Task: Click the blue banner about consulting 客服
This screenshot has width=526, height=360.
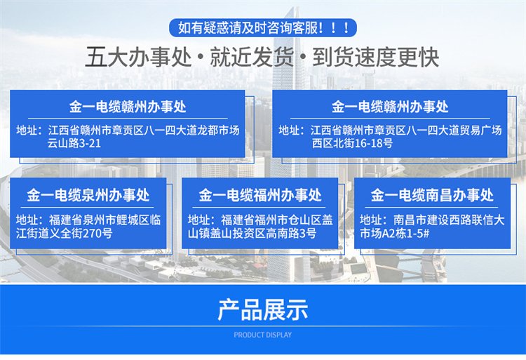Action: [x=263, y=27]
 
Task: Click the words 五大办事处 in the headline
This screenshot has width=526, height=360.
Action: [x=138, y=57]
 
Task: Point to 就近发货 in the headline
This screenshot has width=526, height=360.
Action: [x=252, y=57]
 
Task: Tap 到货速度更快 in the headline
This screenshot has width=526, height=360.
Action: [x=376, y=57]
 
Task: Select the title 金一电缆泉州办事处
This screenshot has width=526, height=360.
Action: [x=88, y=195]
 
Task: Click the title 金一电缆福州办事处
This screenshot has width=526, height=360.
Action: [x=260, y=195]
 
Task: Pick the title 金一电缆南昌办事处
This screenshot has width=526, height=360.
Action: [x=432, y=195]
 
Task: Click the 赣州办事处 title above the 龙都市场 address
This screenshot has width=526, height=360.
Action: [x=128, y=107]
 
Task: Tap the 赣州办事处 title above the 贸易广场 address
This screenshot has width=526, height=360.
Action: [x=390, y=107]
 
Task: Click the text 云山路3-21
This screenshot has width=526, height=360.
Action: [x=74, y=143]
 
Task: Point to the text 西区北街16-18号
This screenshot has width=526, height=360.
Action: [x=352, y=143]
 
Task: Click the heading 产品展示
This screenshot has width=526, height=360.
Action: [x=263, y=309]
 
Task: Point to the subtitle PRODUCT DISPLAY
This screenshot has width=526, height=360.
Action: [x=263, y=335]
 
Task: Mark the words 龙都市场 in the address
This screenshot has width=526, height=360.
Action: [x=218, y=131]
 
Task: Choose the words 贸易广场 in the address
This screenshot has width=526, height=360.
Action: [x=480, y=131]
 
